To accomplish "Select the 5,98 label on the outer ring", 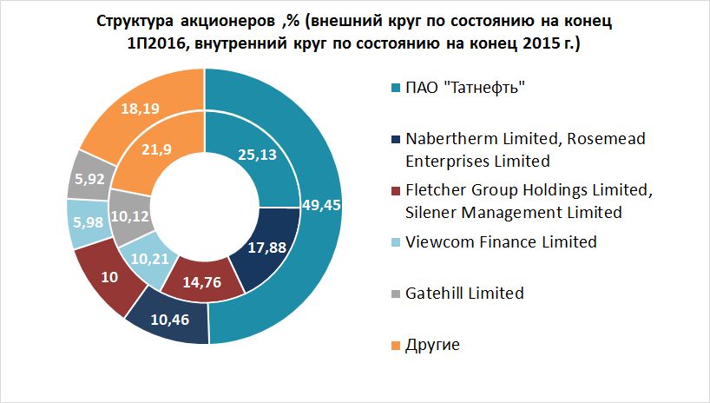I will click(91, 221).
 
